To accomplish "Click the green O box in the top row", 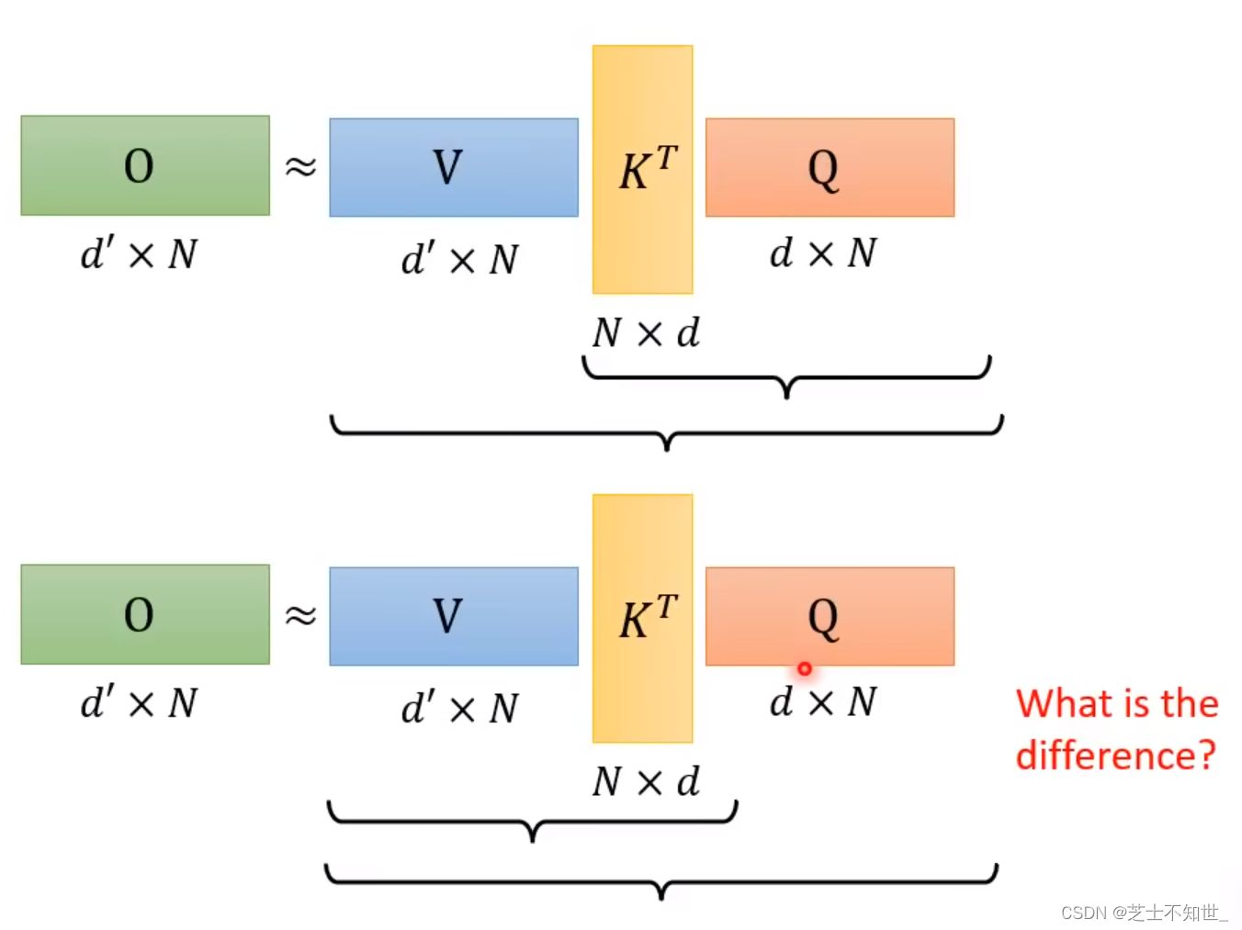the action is coord(145,165).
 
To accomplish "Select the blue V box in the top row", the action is coord(454,167).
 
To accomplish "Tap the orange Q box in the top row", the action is coord(830,167).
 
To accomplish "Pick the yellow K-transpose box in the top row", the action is coord(642,170).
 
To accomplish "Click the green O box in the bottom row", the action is coord(145,614).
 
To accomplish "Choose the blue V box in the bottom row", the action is coord(454,616).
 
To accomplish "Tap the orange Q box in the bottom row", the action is coord(830,616).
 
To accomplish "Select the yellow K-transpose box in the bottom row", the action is coord(642,619).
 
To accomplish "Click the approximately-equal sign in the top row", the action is coord(300,166).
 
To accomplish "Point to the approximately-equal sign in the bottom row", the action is coord(300,614).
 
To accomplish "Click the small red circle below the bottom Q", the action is coord(805,669).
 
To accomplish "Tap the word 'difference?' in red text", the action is coord(1115,756).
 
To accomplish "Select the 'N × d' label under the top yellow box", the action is coord(646,332).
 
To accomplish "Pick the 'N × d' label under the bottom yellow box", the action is coord(646,781).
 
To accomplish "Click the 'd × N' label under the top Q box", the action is coord(823,252).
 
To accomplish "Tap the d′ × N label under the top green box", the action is coord(139,253).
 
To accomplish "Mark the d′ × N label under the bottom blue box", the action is coord(459,708).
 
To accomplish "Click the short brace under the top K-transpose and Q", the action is coord(786,376).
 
